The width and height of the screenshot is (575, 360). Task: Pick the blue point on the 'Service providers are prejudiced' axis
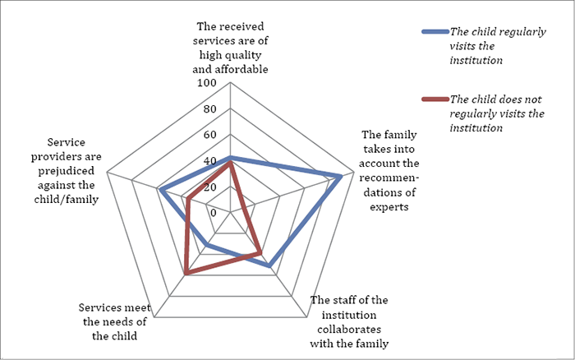coord(162,191)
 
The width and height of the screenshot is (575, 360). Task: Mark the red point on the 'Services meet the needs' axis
coord(186,272)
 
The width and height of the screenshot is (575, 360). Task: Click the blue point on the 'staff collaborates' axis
coord(269,265)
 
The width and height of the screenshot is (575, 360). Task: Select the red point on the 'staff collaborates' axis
coord(260,252)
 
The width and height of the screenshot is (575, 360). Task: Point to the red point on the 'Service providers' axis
coord(188,199)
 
